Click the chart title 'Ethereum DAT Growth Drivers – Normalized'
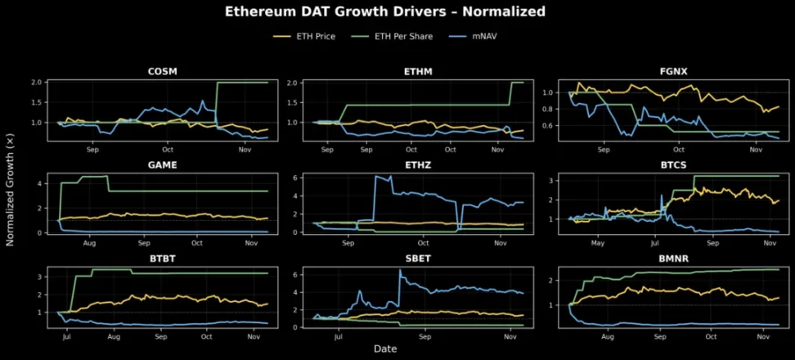pyautogui.click(x=397, y=12)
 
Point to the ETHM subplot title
pyautogui.click(x=417, y=71)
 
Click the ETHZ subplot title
pyautogui.click(x=417, y=164)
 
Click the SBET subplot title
pyautogui.click(x=417, y=258)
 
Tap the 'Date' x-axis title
pyautogui.click(x=385, y=349)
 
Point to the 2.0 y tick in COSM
pyautogui.click(x=36, y=83)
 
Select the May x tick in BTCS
pyautogui.click(x=598, y=244)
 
